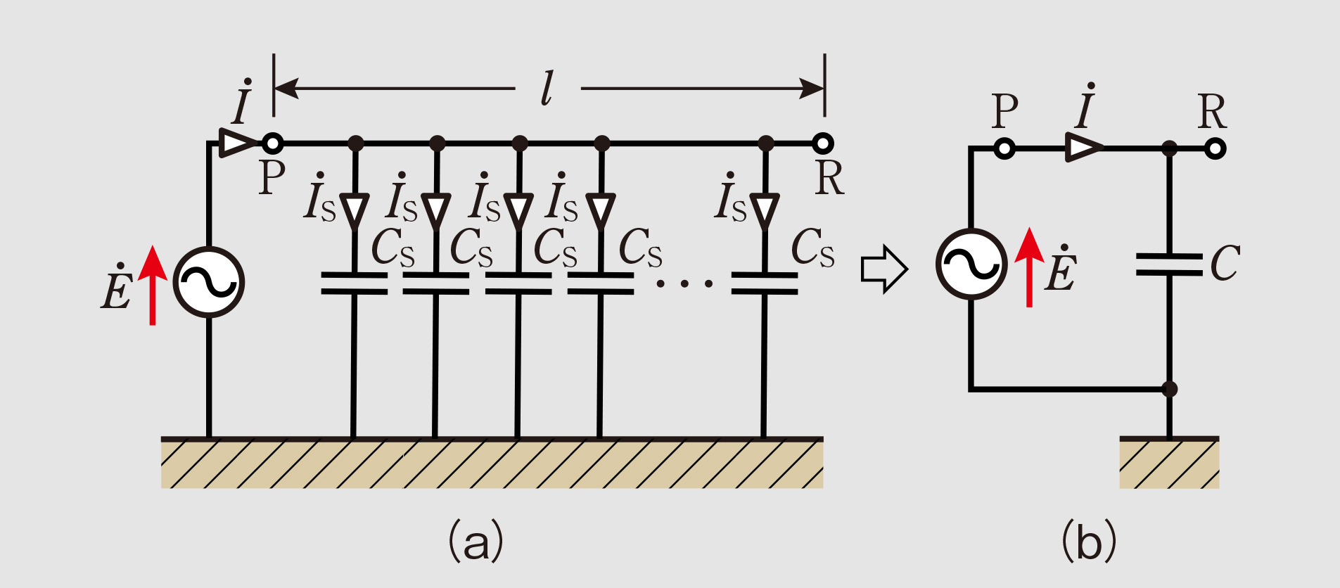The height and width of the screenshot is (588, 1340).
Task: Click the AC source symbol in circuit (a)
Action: [x=209, y=282]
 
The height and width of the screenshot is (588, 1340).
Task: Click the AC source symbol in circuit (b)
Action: [x=971, y=264]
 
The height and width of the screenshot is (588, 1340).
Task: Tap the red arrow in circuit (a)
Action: [x=153, y=286]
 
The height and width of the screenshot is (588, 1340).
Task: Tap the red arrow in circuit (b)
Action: [x=1030, y=267]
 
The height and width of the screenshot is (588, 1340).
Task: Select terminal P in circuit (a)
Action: [x=272, y=143]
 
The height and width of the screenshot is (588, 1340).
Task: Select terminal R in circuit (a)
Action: [x=823, y=143]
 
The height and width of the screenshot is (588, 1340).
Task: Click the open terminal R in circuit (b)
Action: [x=1215, y=148]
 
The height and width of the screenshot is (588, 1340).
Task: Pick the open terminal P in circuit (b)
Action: [x=1005, y=148]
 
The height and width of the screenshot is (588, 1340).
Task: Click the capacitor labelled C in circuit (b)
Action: [x=1169, y=264]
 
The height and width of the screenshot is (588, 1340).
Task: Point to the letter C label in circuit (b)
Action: [x=1225, y=263]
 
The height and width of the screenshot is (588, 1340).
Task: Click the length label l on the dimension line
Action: [x=547, y=89]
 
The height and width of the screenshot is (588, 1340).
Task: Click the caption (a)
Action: [x=476, y=541]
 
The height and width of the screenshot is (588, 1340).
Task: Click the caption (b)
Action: [x=1088, y=541]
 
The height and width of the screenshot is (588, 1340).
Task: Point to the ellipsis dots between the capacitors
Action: [x=684, y=283]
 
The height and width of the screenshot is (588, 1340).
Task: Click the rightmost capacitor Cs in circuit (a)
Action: [x=765, y=283]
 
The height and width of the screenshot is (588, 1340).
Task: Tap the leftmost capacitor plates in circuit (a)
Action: [x=354, y=283]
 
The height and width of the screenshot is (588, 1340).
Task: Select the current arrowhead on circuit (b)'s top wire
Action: [x=1084, y=148]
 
